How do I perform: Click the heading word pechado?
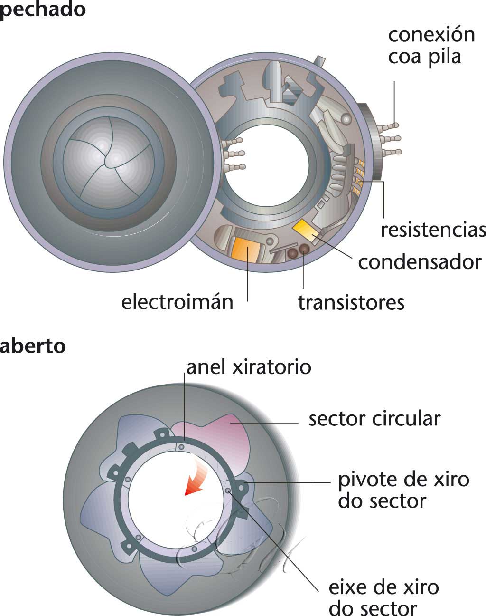pyautogui.click(x=43, y=10)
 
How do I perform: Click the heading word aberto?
pyautogui.click(x=33, y=346)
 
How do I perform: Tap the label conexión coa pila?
pyautogui.click(x=431, y=46)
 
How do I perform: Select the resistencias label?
pyautogui.click(x=433, y=230)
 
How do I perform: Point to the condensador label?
pyautogui.click(x=420, y=262)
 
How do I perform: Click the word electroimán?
pyautogui.click(x=177, y=302)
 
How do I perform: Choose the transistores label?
pyautogui.click(x=351, y=303)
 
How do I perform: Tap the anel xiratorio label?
pyautogui.click(x=249, y=367)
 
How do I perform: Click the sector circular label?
pyautogui.click(x=374, y=419)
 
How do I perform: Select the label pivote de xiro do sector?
pyautogui.click(x=403, y=490)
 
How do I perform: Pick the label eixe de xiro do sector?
pyautogui.click(x=383, y=597)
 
